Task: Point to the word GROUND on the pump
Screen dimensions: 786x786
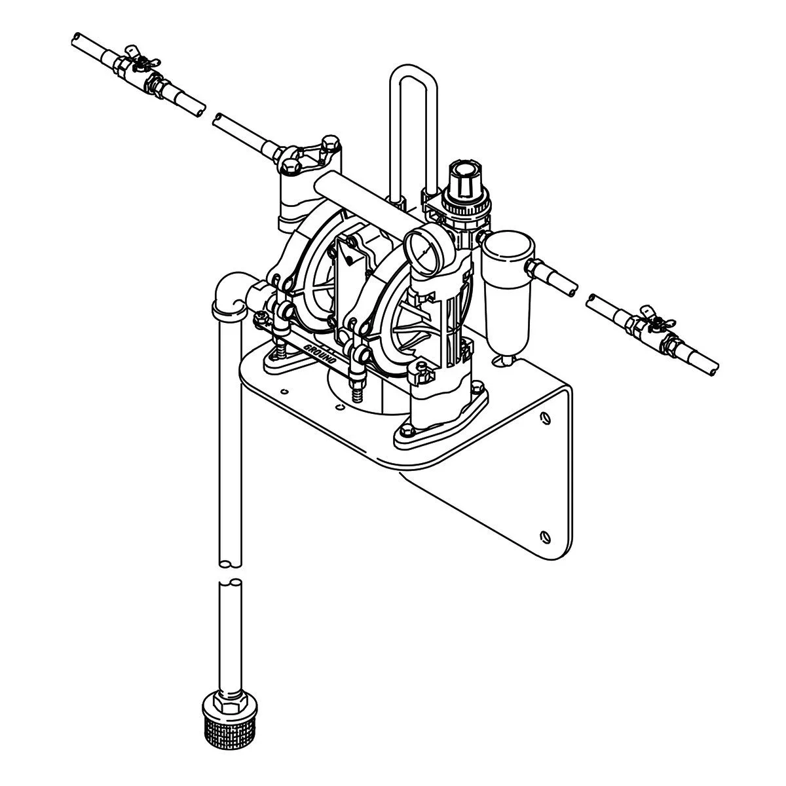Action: coord(324,354)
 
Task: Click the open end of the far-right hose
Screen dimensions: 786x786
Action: coord(713,368)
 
